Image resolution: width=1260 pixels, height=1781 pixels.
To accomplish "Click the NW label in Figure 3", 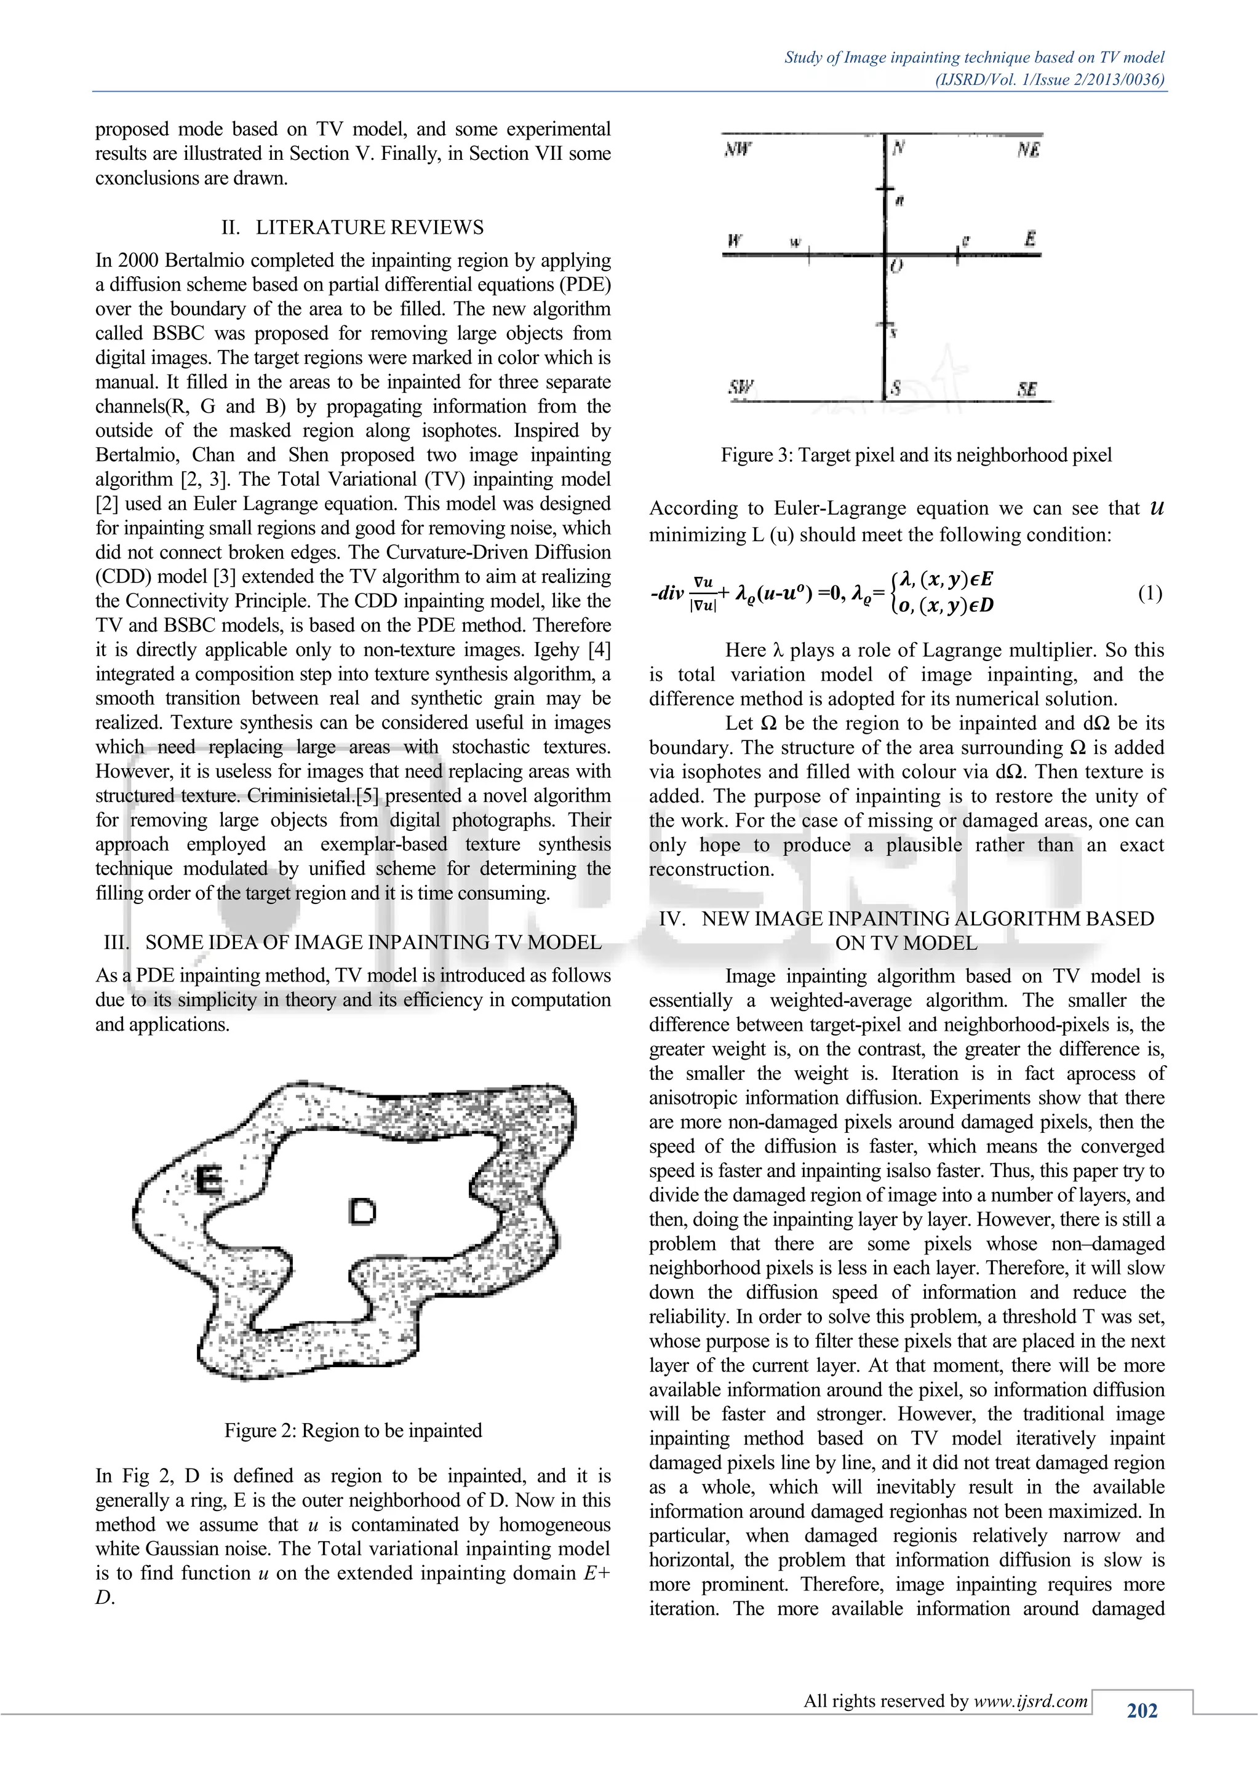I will click(738, 149).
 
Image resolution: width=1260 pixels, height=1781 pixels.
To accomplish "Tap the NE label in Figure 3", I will click(1028, 149).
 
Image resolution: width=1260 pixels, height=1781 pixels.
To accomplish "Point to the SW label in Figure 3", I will click(741, 387).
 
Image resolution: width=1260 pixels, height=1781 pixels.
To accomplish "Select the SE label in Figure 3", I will click(1026, 389).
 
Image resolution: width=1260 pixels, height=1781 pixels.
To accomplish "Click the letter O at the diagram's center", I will click(896, 267).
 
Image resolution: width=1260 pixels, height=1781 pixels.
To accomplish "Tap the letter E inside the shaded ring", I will click(207, 1181).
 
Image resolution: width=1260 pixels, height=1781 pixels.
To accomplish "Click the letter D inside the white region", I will click(362, 1211).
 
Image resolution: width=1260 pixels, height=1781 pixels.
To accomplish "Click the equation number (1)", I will click(1150, 593).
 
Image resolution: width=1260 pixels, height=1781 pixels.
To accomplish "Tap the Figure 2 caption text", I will click(353, 1430).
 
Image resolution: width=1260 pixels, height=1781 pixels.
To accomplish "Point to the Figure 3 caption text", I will click(915, 455).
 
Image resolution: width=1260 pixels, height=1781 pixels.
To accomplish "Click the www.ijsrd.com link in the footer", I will click(1031, 1702).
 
